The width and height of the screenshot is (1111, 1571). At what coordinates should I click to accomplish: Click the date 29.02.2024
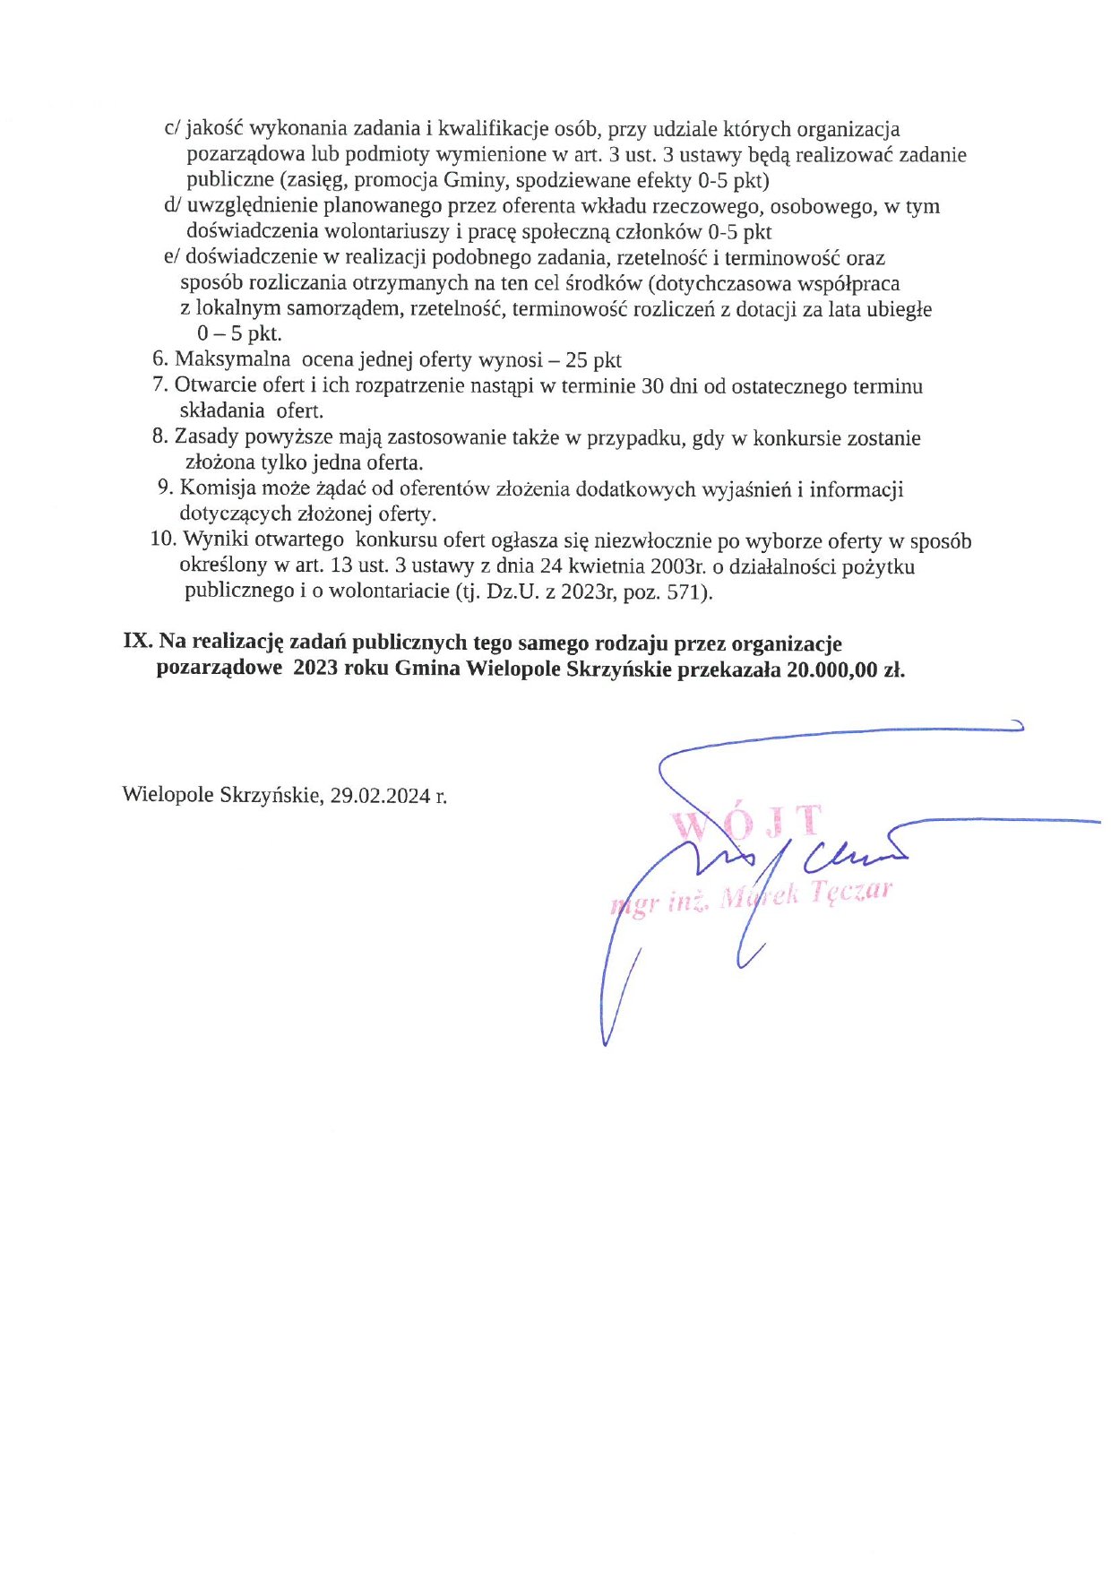point(380,795)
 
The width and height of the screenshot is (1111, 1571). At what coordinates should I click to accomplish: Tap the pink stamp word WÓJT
point(745,823)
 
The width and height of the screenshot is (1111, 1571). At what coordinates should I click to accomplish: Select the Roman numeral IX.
point(137,643)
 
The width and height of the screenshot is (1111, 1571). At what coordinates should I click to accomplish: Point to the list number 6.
point(160,359)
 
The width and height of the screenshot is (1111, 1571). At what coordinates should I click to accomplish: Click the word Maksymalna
point(232,359)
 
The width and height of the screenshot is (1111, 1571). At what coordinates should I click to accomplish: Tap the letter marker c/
point(173,129)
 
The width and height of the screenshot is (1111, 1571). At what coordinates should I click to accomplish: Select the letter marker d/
point(173,206)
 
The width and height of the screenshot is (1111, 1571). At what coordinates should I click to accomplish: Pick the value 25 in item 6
point(576,360)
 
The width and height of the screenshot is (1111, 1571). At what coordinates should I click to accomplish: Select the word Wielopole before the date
point(168,795)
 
